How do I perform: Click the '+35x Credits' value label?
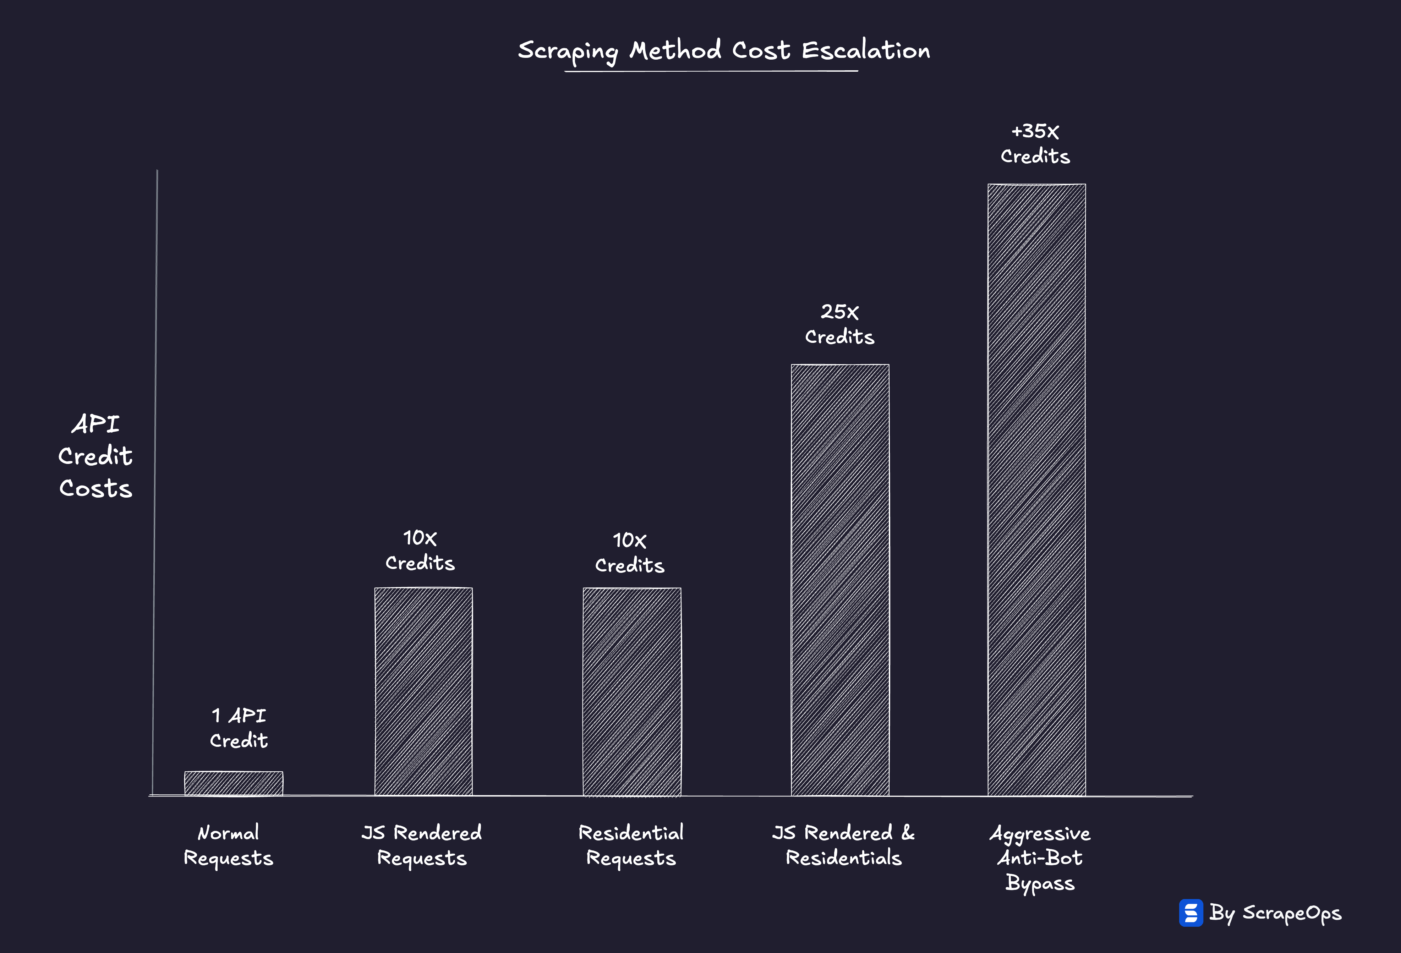coord(1035,143)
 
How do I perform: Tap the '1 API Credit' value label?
coord(239,728)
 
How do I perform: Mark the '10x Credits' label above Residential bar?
coord(629,553)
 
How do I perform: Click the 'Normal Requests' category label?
coord(229,845)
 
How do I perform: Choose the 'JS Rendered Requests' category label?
coord(422,845)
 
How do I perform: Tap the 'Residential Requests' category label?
coord(631,845)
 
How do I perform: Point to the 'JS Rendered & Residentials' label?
coord(843,845)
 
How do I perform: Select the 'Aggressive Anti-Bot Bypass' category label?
coord(1040,858)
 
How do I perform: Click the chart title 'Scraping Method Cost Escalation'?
coord(723,51)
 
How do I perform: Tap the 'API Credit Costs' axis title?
coord(95,456)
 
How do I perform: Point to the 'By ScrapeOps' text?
coord(1275,913)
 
